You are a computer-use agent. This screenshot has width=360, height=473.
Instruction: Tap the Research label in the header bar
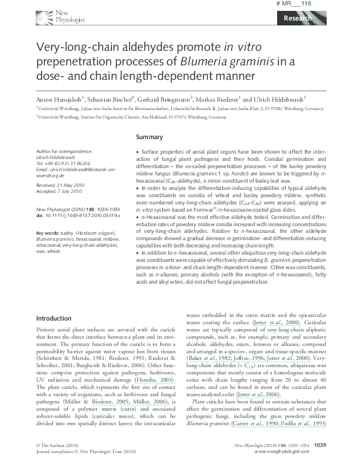(x=296, y=18)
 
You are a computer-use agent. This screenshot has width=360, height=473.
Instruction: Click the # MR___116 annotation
(x=311, y=4)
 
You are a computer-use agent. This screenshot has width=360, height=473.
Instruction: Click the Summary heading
(x=149, y=137)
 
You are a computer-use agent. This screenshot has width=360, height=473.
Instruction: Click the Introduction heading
(x=54, y=318)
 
